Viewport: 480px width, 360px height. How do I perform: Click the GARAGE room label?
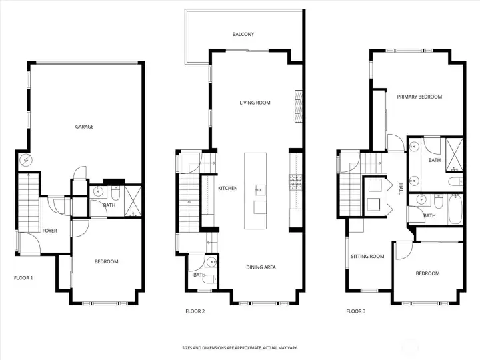coord(84,127)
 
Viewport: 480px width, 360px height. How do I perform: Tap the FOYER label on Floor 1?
coord(49,231)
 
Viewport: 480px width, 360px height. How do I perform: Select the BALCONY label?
coord(243,34)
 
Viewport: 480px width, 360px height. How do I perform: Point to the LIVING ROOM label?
coord(255,103)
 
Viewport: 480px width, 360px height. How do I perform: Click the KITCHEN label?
coord(228,188)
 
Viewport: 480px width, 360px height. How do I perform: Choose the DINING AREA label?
coord(261,267)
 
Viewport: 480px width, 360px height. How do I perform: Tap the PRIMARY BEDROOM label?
coord(419,97)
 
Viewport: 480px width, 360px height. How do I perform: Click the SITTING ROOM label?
coord(367,256)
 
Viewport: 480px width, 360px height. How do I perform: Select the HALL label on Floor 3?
coord(401,189)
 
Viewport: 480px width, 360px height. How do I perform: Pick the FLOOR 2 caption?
coord(195,311)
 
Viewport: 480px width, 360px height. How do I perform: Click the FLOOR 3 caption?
coord(356,311)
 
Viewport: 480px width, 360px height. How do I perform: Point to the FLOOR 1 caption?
coord(23,278)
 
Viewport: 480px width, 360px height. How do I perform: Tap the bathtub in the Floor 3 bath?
coord(455,210)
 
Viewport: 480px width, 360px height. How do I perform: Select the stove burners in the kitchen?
coord(296,182)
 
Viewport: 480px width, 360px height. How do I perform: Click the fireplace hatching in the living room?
coord(299,107)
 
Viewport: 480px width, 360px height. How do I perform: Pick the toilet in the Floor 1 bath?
coord(116,192)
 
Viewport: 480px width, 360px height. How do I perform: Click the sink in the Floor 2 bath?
coord(211,262)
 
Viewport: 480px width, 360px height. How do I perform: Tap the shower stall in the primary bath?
coord(454,154)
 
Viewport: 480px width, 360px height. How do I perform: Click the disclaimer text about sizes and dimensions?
coord(240,348)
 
